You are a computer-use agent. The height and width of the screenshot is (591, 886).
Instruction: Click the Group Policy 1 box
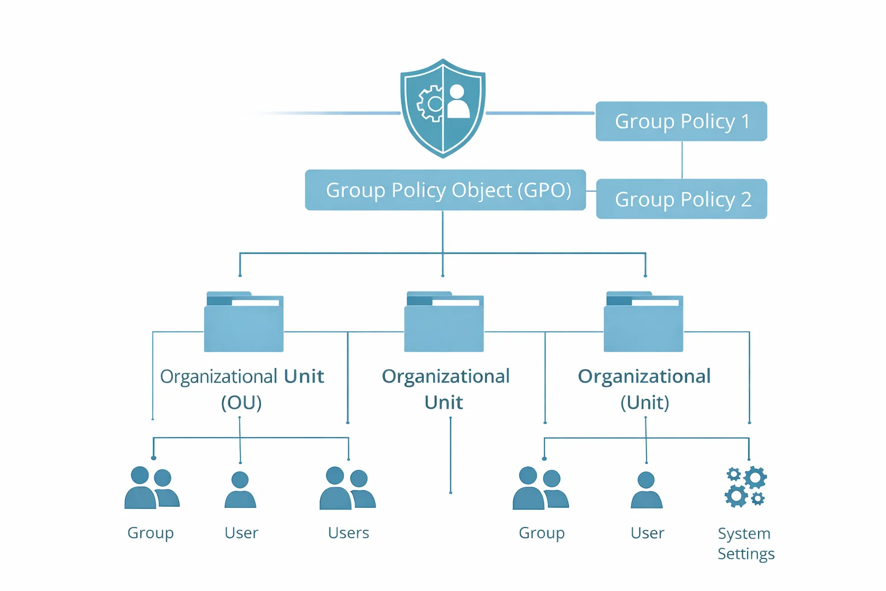681,121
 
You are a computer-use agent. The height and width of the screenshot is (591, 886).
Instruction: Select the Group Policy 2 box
681,199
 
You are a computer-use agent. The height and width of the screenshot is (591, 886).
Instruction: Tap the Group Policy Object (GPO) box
445,190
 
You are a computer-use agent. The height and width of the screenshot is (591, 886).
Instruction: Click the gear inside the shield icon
430,104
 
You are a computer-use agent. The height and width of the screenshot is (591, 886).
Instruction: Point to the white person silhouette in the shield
458,102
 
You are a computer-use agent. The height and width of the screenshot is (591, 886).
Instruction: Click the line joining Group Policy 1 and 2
682,160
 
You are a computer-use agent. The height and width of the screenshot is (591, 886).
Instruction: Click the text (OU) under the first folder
241,402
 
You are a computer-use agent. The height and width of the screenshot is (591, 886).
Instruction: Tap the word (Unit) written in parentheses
645,402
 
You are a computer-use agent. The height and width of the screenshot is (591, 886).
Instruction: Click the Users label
348,533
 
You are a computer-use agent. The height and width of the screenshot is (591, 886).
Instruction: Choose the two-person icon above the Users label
347,489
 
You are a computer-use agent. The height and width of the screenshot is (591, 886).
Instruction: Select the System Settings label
746,543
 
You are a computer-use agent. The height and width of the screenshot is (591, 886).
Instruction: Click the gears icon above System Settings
745,487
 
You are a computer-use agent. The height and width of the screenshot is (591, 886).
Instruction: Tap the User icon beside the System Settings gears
647,491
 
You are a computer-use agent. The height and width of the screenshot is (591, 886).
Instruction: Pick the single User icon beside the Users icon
240,491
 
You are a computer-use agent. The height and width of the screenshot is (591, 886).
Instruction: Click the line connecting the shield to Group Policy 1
540,113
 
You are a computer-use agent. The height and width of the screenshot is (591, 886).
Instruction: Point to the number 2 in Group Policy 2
746,199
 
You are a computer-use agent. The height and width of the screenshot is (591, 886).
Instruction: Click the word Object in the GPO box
482,190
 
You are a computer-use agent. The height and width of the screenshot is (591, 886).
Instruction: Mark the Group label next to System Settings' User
541,533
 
